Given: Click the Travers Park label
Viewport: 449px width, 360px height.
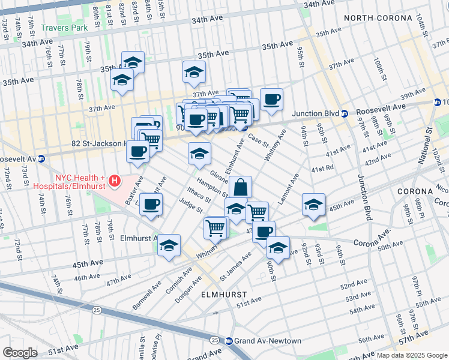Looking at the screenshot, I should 64,28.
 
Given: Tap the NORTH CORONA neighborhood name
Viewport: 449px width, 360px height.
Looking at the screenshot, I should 375,18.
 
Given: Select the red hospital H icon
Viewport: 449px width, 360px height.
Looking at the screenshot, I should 115,179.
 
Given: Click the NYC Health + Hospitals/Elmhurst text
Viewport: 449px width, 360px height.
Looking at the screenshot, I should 80,182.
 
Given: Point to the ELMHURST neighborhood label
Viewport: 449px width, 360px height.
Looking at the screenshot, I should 224,295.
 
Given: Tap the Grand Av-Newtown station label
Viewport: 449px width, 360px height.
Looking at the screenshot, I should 268,341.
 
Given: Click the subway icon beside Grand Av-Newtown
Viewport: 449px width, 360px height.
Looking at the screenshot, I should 229,341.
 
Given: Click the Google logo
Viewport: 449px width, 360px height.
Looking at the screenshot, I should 20,352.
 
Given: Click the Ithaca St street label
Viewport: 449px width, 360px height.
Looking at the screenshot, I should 198,195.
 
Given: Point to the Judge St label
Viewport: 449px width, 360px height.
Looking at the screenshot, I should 190,206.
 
